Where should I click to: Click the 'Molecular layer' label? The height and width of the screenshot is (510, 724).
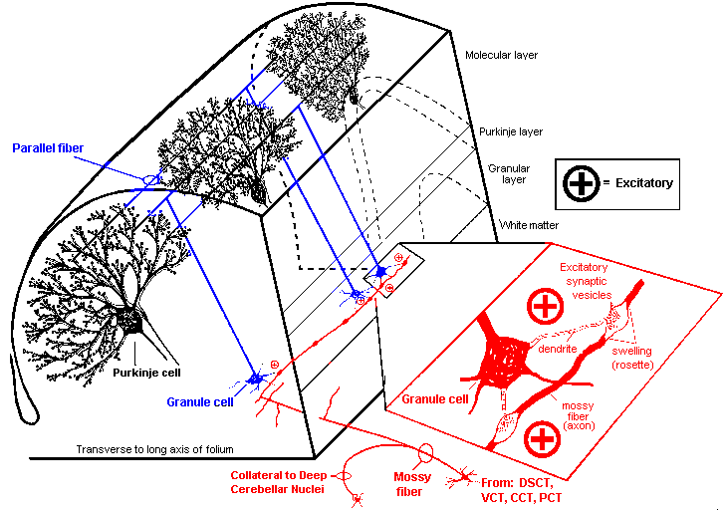pyautogui.click(x=502, y=55)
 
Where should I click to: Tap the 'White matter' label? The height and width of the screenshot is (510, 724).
pyautogui.click(x=529, y=225)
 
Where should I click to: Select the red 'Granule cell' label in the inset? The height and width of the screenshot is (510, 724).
pyautogui.click(x=434, y=398)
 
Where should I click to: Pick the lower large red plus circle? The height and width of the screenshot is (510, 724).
pyautogui.click(x=541, y=437)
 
